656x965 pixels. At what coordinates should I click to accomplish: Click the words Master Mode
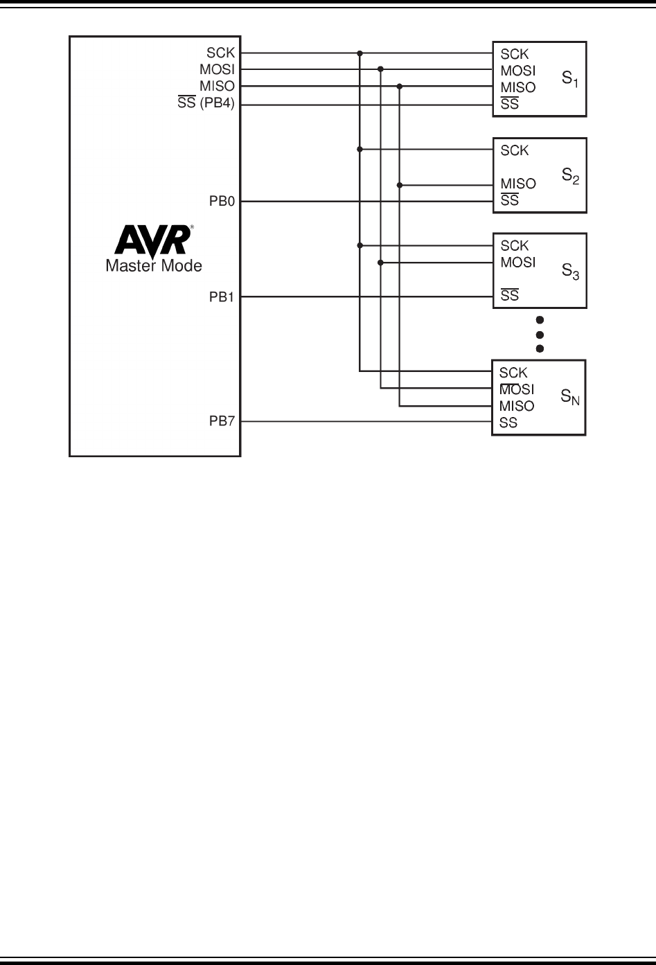point(154,265)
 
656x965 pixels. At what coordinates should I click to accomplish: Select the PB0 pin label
point(222,202)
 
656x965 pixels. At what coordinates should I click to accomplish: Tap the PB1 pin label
point(222,297)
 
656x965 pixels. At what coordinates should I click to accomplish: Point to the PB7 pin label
point(222,422)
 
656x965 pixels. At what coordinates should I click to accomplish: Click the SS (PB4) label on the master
point(206,105)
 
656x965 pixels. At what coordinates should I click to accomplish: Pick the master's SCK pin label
point(221,53)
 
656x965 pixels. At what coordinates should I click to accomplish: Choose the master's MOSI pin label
point(218,69)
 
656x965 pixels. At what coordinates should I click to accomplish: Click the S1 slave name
point(570,80)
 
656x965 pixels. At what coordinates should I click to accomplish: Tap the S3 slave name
point(570,272)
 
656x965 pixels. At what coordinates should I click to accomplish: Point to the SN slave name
point(570,398)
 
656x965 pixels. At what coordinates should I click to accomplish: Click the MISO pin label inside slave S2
point(518,184)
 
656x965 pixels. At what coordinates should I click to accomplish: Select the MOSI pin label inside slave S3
point(518,263)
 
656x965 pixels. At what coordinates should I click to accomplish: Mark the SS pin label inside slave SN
point(508,423)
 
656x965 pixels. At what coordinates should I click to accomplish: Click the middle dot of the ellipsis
point(540,335)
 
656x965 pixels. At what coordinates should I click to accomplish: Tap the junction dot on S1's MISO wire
point(400,87)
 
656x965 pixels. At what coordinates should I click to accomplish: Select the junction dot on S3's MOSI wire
point(380,263)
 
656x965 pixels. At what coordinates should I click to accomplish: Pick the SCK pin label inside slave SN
point(513,373)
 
